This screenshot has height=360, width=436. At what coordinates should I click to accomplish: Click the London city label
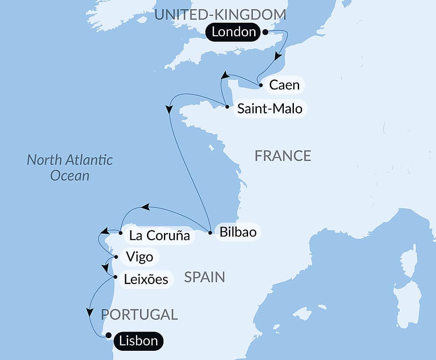tap(234, 32)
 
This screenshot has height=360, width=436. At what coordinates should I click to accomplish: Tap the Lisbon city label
tap(138, 340)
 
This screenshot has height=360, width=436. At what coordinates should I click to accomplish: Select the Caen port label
tap(284, 85)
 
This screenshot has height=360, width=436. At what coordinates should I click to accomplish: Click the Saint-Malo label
tap(269, 108)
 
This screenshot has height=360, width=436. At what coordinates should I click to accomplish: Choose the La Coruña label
tap(159, 236)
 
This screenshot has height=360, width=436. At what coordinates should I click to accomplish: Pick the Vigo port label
tap(139, 257)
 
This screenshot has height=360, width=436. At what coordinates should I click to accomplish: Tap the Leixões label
tap(146, 279)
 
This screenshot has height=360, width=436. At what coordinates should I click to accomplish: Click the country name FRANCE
tap(283, 156)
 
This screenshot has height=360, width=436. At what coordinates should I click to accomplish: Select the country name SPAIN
tap(204, 277)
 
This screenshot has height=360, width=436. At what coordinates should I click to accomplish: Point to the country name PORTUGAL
tap(139, 314)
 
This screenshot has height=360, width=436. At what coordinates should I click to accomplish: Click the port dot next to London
tap(265, 31)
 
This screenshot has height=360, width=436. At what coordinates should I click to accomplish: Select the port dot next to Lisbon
tap(108, 336)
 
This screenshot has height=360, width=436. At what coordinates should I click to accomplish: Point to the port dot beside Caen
tap(261, 85)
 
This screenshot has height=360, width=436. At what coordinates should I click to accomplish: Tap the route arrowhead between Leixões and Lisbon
tap(90, 312)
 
